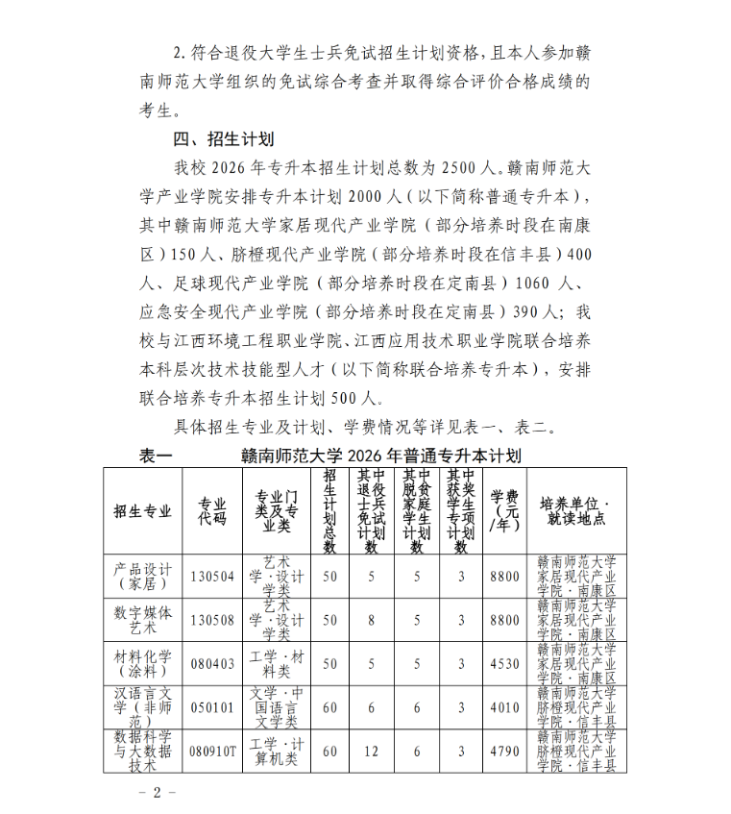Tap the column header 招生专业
pyautogui.click(x=142, y=510)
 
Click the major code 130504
pyautogui.click(x=212, y=576)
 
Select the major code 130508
pyautogui.click(x=212, y=620)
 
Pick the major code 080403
pyautogui.click(x=212, y=663)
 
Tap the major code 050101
pyautogui.click(x=212, y=707)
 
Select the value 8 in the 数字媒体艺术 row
pyautogui.click(x=372, y=620)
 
